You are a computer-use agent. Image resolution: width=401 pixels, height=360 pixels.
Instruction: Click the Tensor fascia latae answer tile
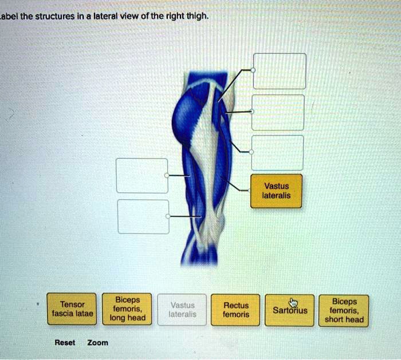(72, 309)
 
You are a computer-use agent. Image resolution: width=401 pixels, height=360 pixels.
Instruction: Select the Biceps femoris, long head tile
(127, 309)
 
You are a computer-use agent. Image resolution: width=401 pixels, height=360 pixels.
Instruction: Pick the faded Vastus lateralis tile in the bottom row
(182, 310)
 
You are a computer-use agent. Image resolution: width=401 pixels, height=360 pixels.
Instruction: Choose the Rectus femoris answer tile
(235, 310)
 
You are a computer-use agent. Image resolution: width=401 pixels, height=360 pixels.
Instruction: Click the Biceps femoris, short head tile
(344, 310)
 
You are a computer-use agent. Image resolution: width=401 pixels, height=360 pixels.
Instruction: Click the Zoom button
(97, 343)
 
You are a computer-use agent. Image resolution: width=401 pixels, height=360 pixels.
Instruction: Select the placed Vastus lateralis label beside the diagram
(277, 191)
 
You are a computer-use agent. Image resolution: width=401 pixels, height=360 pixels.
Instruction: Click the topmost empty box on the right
(280, 71)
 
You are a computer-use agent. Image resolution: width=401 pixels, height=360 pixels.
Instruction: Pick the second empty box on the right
(277, 113)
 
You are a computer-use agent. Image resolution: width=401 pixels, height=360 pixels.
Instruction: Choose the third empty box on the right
(277, 153)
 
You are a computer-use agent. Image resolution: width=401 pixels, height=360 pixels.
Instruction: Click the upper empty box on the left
(142, 176)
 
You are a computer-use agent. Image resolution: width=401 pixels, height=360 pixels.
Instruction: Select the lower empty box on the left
(143, 217)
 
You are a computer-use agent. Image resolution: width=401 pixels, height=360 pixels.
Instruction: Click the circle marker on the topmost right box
(253, 70)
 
